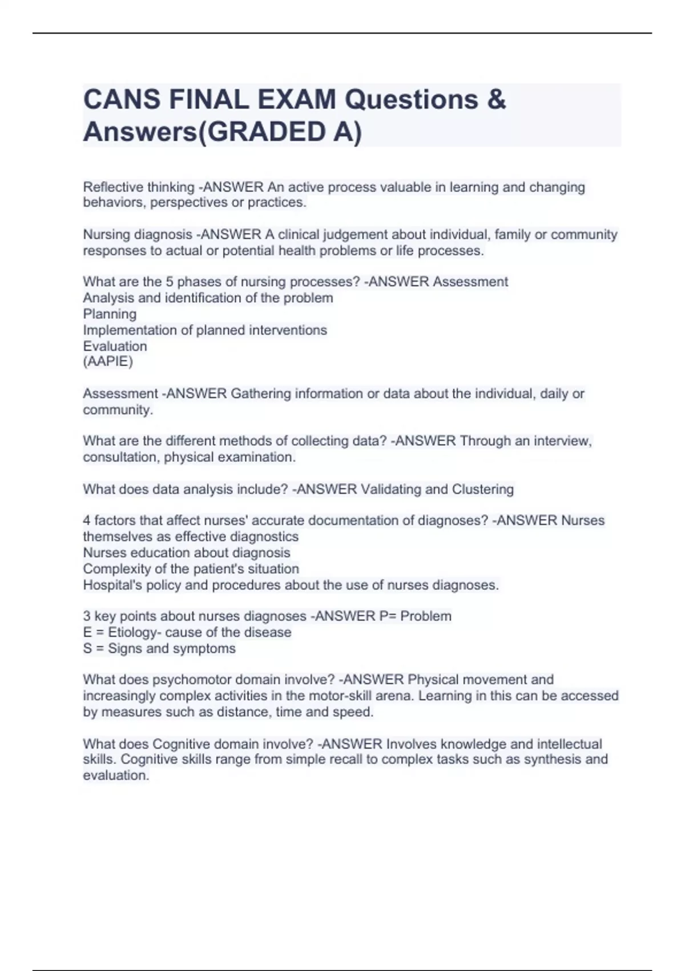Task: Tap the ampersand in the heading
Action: tap(497, 99)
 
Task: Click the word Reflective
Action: tap(113, 187)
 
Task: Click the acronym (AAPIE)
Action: tap(108, 362)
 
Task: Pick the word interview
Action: tap(563, 441)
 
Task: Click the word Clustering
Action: tap(483, 489)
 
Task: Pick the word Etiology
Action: tap(132, 632)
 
